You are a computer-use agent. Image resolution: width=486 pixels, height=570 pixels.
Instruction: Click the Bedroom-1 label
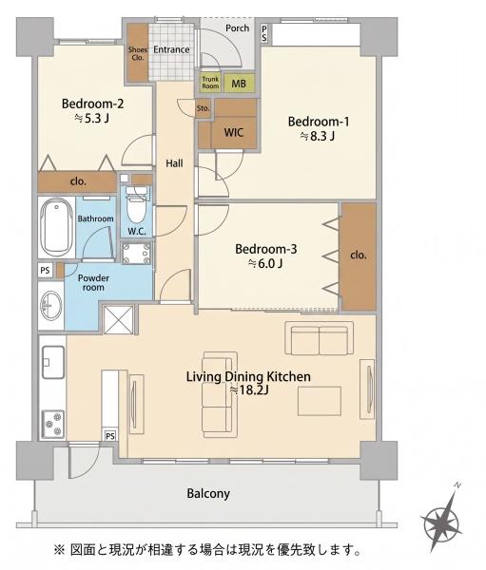point(319,122)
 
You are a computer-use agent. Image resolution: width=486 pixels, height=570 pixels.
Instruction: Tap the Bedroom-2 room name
point(92,104)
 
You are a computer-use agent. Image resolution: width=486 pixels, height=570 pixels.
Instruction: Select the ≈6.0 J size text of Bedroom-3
point(265,263)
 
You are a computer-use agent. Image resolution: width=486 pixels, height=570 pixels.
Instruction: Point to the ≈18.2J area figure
point(249,390)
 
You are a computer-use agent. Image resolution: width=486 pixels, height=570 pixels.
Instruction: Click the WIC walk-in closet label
point(233,132)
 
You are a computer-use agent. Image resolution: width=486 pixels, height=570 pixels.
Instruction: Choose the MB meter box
point(239,84)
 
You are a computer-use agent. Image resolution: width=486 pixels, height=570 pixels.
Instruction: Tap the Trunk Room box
point(210,83)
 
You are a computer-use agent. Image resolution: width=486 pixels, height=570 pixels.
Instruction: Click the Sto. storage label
point(204,108)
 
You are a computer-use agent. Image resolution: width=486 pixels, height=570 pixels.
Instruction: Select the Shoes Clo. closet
point(138,53)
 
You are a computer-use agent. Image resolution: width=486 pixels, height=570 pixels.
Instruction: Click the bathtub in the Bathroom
point(56,227)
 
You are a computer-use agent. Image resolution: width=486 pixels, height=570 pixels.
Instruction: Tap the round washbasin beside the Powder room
point(51,305)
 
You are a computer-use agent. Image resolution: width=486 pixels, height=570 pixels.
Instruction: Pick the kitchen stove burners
point(53,423)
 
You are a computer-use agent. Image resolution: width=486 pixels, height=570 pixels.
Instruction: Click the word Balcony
point(208,493)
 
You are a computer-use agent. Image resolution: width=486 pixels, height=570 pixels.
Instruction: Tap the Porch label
point(237,28)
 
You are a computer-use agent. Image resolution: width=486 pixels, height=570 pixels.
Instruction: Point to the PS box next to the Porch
point(264,33)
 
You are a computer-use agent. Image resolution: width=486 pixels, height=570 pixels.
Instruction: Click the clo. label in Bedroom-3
point(359,255)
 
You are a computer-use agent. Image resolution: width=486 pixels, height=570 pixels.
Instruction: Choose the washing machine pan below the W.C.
point(137,253)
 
